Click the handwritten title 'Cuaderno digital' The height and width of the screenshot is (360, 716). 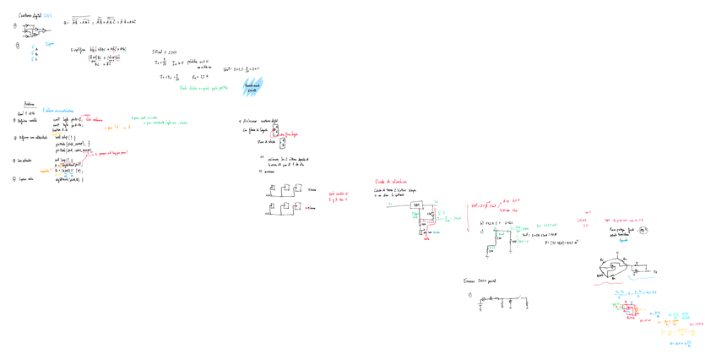tap(30, 15)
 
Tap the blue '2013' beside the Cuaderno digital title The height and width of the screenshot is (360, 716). tap(48, 15)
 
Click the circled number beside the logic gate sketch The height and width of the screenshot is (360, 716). tap(15, 25)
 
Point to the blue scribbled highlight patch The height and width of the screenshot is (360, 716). tap(252, 86)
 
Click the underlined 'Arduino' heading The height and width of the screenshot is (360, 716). tap(30, 103)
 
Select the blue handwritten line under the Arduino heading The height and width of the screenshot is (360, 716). tap(58, 111)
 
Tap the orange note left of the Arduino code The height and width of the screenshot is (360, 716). tap(46, 169)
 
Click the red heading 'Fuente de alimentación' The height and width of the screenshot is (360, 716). tap(391, 181)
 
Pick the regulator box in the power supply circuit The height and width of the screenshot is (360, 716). tap(417, 205)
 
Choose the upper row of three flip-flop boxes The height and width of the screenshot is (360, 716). tap(285, 189)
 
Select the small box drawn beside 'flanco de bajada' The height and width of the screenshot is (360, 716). tap(282, 143)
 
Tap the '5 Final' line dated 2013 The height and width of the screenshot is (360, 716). tap(165, 52)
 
